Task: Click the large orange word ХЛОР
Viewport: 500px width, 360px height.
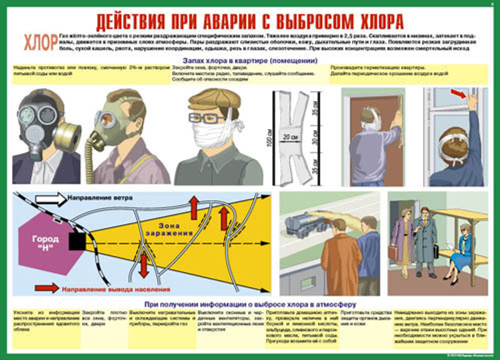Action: click(x=40, y=43)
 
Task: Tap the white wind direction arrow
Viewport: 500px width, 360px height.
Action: click(x=50, y=199)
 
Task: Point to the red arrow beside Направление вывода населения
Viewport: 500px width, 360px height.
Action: click(x=47, y=287)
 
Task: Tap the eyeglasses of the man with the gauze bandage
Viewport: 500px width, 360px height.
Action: click(x=206, y=118)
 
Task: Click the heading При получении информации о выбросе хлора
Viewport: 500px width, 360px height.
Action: click(x=249, y=303)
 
